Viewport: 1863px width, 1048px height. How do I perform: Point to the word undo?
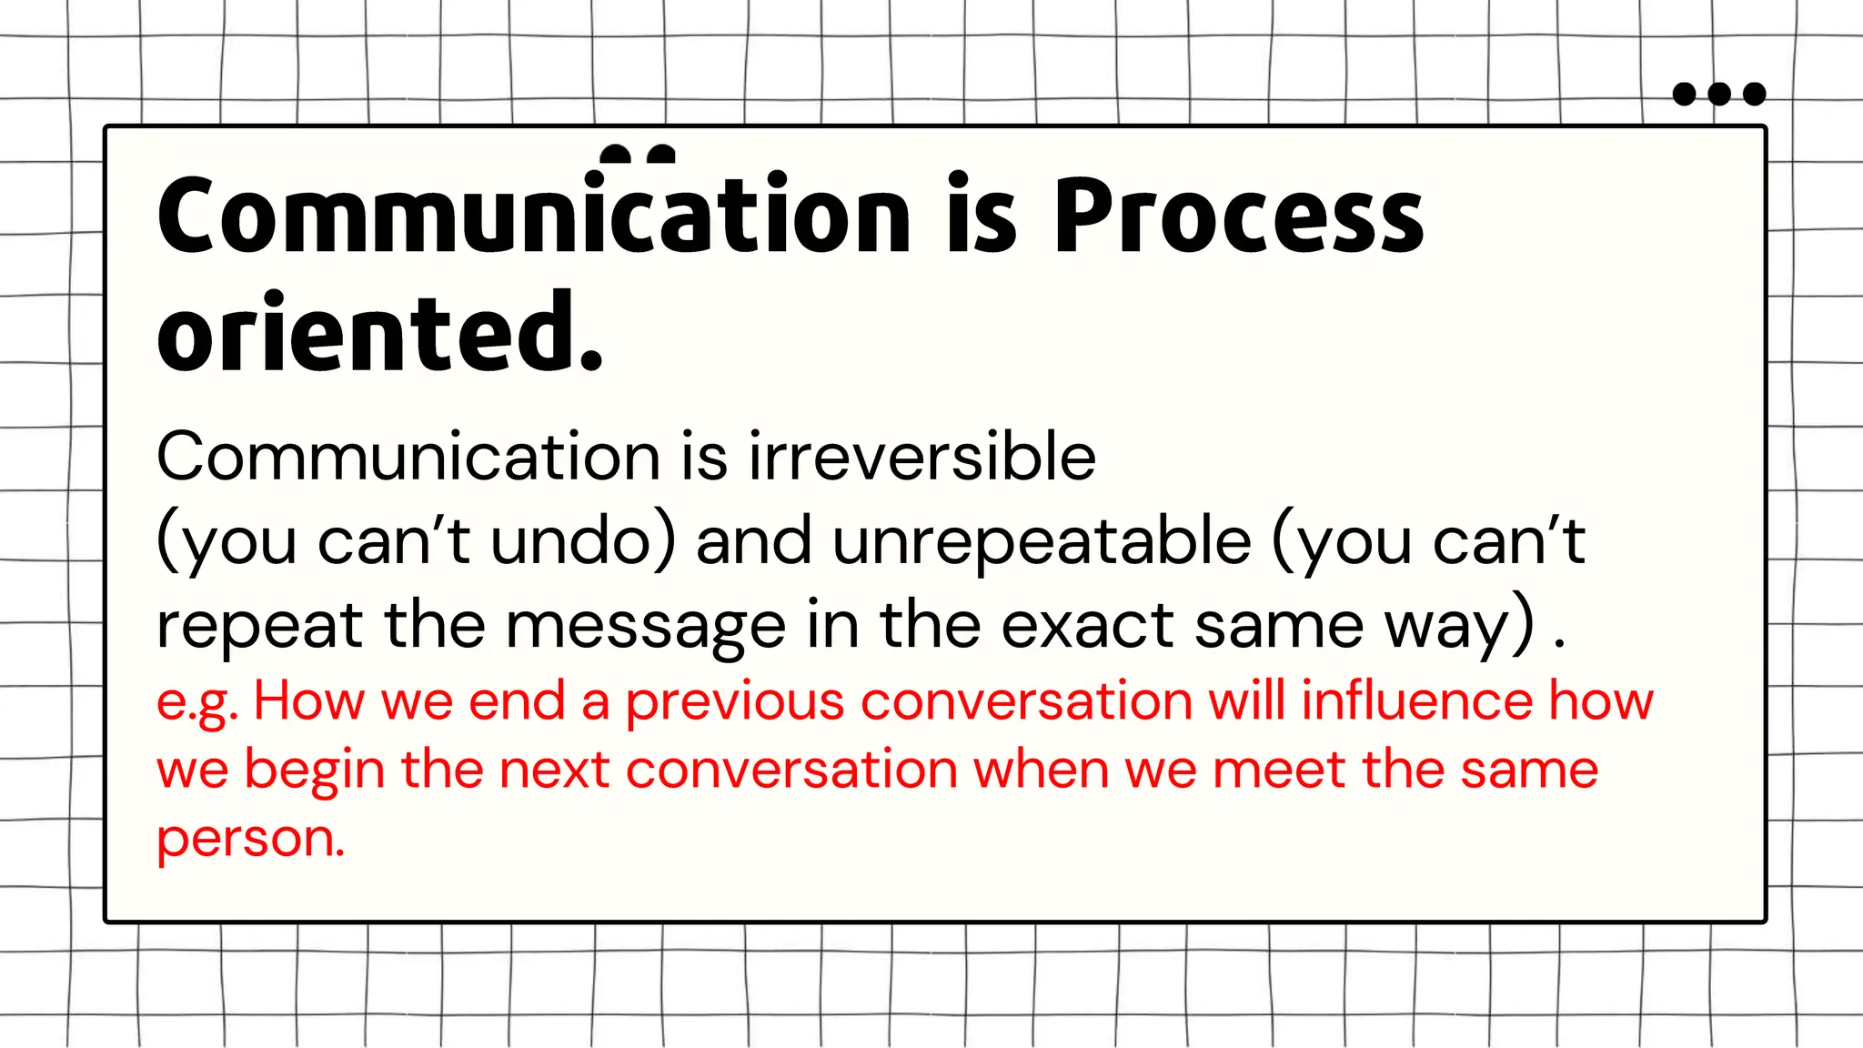tap(572, 540)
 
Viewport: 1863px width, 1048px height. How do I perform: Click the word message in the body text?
tap(645, 626)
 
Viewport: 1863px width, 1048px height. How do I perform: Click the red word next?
tap(553, 771)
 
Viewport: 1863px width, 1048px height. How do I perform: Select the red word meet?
tap(1277, 770)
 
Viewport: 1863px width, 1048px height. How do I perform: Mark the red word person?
tap(250, 839)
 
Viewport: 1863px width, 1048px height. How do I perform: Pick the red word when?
tap(1041, 770)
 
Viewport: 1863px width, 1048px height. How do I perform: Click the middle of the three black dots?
tap(1719, 94)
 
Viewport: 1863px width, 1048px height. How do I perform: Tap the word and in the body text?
tap(753, 540)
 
